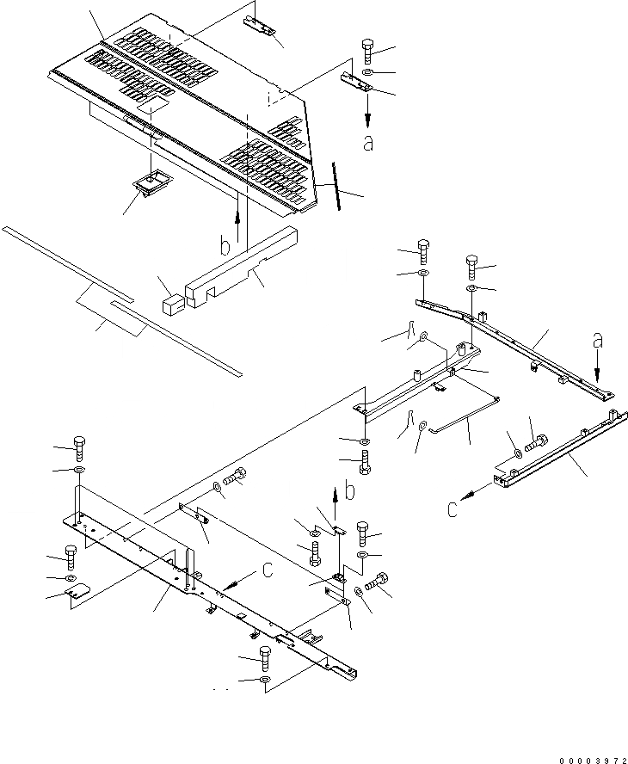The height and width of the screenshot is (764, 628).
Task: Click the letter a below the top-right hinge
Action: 368,144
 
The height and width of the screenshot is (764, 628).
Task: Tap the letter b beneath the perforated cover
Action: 225,246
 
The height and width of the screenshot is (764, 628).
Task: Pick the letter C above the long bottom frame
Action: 268,568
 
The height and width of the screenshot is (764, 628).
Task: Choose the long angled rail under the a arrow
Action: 516,344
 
